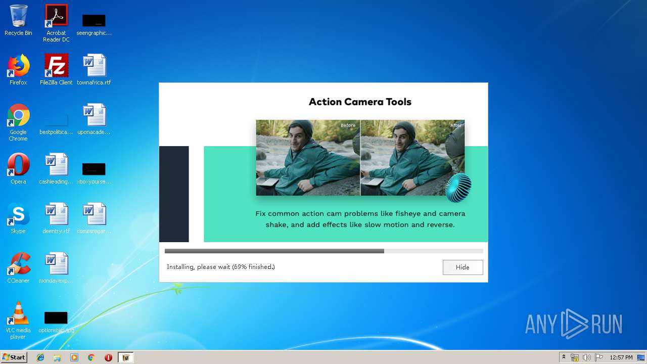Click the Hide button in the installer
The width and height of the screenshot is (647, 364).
pyautogui.click(x=463, y=267)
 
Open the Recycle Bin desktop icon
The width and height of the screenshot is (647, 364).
pyautogui.click(x=18, y=16)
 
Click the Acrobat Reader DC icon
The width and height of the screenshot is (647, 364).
pyautogui.click(x=56, y=16)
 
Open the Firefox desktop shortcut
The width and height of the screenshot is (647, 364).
pyautogui.click(x=18, y=66)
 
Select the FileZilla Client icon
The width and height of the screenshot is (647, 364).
pyautogui.click(x=56, y=66)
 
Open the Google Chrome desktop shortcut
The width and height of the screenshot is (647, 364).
pyautogui.click(x=18, y=115)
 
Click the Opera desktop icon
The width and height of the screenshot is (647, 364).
pyautogui.click(x=18, y=165)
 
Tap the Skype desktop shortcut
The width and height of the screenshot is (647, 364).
pyautogui.click(x=18, y=214)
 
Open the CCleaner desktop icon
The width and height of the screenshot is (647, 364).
pyautogui.click(x=18, y=264)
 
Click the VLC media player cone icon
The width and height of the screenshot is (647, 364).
pyautogui.click(x=18, y=313)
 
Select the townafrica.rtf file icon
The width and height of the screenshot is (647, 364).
pyautogui.click(x=94, y=66)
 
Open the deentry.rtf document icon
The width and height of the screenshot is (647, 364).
pyautogui.click(x=56, y=214)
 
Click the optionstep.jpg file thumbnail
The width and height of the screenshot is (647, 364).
pyautogui.click(x=56, y=317)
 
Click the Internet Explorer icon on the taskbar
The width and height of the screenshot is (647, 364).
pyautogui.click(x=40, y=357)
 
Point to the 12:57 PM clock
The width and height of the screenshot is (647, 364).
pyautogui.click(x=621, y=357)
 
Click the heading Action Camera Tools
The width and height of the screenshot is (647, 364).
pyautogui.click(x=360, y=102)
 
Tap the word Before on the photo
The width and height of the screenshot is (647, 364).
pyautogui.click(x=348, y=125)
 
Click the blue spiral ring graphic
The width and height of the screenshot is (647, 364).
pyautogui.click(x=458, y=188)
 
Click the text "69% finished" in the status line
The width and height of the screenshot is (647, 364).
pyautogui.click(x=253, y=267)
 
